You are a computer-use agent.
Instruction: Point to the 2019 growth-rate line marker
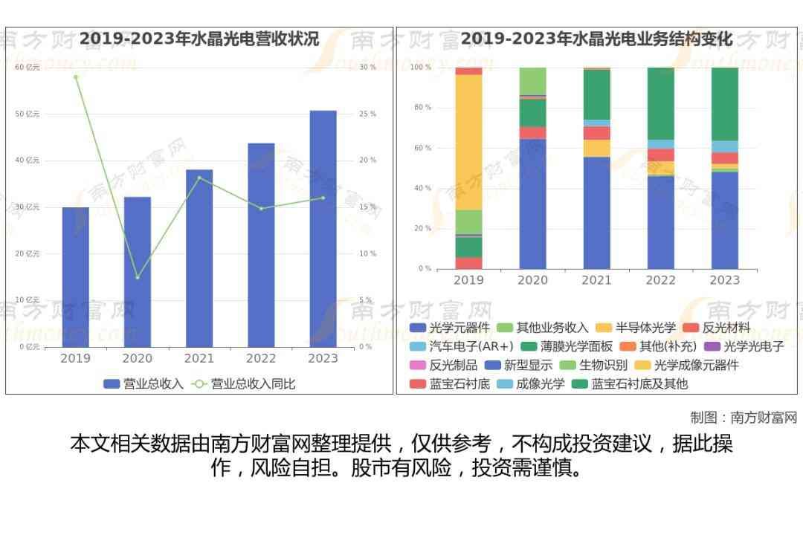[75, 77]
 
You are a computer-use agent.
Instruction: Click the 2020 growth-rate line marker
[137, 277]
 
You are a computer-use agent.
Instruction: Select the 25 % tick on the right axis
[367, 114]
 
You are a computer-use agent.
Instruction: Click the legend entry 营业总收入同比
[244, 384]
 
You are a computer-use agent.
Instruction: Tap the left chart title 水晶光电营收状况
[199, 39]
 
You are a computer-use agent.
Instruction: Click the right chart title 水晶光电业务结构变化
[596, 39]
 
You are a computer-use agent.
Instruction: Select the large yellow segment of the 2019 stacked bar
[468, 142]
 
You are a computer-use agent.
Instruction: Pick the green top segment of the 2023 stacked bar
[724, 104]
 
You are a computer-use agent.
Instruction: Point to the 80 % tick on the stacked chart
[422, 108]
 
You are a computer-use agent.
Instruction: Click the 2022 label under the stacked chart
[660, 280]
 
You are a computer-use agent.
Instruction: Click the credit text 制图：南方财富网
[743, 418]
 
